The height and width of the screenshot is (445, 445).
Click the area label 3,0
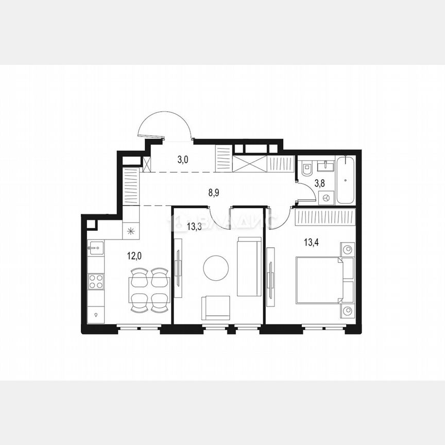[x=183, y=160]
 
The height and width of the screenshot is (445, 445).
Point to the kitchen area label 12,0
[x=135, y=254]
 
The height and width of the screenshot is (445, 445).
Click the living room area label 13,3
[x=180, y=226]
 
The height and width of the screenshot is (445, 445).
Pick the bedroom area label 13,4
[x=311, y=243]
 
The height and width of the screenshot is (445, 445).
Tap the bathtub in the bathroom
[x=346, y=180]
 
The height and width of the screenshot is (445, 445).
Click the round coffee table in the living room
[x=216, y=268]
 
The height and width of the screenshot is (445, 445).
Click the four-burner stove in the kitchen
[x=96, y=281]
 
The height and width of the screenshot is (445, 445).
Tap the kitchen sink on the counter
[x=95, y=248]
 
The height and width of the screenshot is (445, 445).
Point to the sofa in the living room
[x=249, y=266]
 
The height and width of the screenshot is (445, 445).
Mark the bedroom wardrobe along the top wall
[x=324, y=217]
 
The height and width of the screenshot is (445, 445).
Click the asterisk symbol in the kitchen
[x=130, y=231]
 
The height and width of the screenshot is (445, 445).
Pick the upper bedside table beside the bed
[x=348, y=250]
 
